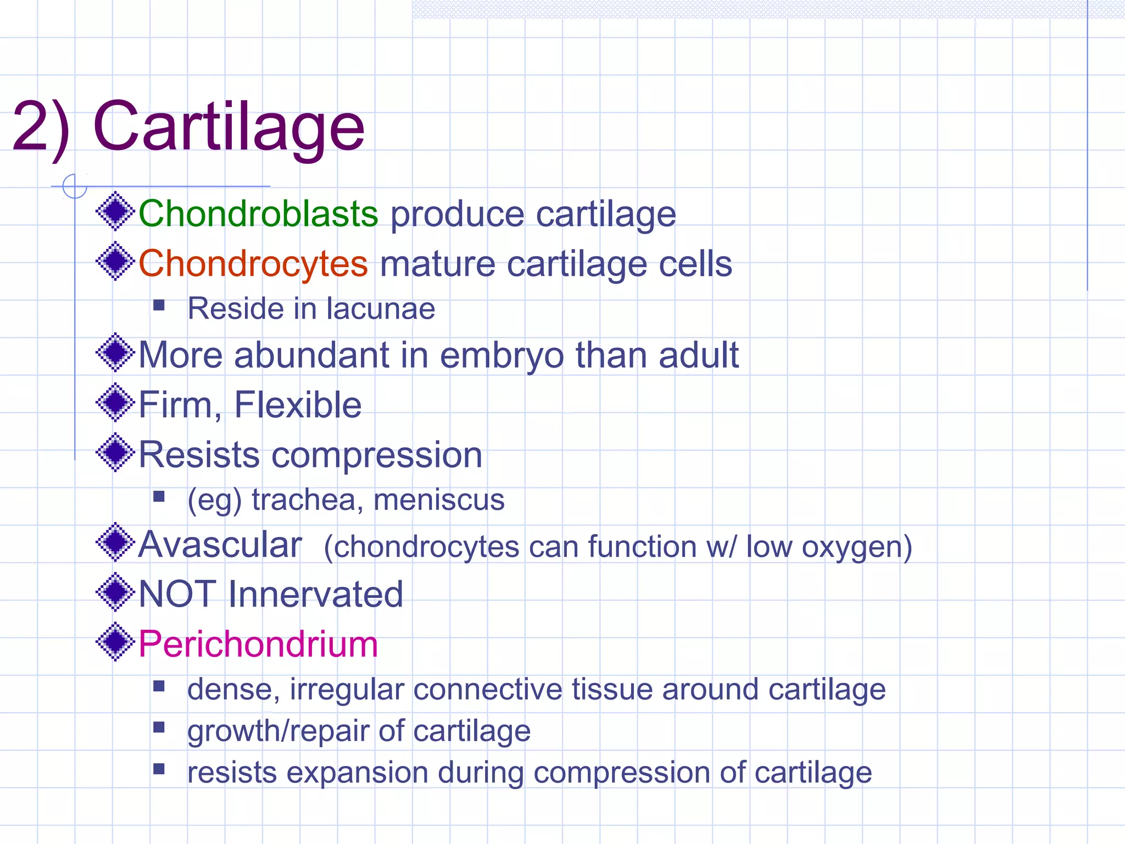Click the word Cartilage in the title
click(229, 127)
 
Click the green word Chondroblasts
click(258, 214)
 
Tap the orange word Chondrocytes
click(253, 264)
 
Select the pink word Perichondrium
click(258, 644)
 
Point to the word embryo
click(501, 356)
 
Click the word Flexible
click(298, 405)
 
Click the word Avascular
click(220, 545)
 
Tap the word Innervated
click(315, 595)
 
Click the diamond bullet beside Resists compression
click(115, 453)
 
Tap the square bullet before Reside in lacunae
click(159, 305)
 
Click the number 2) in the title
click(41, 127)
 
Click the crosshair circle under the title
click(75, 186)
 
